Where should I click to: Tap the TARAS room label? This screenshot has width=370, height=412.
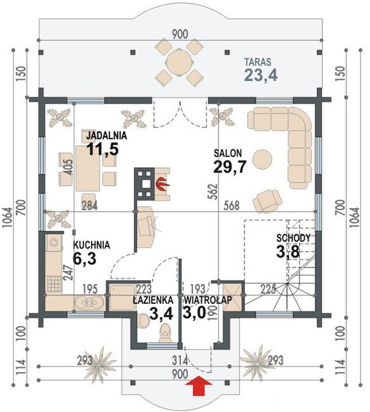[x=257, y=62]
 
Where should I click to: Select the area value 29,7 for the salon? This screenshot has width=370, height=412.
[x=230, y=166]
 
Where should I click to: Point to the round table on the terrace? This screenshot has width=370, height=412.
[x=179, y=63]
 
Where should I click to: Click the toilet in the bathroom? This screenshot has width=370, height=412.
[x=165, y=333]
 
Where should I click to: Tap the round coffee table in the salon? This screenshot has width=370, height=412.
[x=262, y=159]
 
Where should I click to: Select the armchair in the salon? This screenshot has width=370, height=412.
[x=267, y=201]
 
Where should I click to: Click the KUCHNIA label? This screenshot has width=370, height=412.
[x=91, y=245]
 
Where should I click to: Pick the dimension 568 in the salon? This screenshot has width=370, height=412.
[x=231, y=206]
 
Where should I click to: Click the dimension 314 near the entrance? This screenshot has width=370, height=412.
[x=180, y=361]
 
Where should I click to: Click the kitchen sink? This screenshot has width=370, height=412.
[x=89, y=303]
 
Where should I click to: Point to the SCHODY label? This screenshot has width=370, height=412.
[x=293, y=239]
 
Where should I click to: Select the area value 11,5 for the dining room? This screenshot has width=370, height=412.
[x=102, y=149]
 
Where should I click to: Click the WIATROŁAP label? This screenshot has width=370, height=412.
[x=207, y=300]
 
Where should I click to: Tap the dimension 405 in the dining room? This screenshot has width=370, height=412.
[x=68, y=167]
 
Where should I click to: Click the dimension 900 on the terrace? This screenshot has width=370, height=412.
[x=180, y=34]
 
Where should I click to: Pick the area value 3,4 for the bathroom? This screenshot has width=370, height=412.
[x=161, y=313]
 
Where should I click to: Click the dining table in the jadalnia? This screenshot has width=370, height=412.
[x=88, y=168]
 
